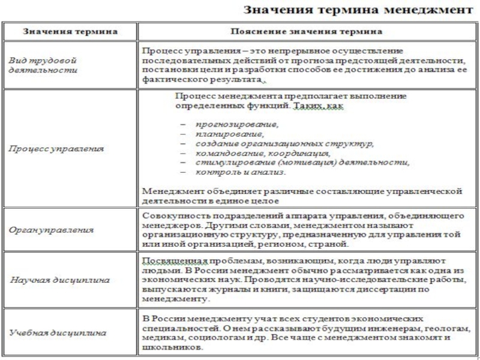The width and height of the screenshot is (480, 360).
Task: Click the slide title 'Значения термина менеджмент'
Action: [x=353, y=10]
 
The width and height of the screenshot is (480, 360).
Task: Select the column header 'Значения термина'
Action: [x=70, y=31]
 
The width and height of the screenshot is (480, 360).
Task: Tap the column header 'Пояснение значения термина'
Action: [x=306, y=31]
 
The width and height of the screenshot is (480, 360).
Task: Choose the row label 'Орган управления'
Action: [x=50, y=229]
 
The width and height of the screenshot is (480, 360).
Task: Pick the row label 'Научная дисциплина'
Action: [x=55, y=280]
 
